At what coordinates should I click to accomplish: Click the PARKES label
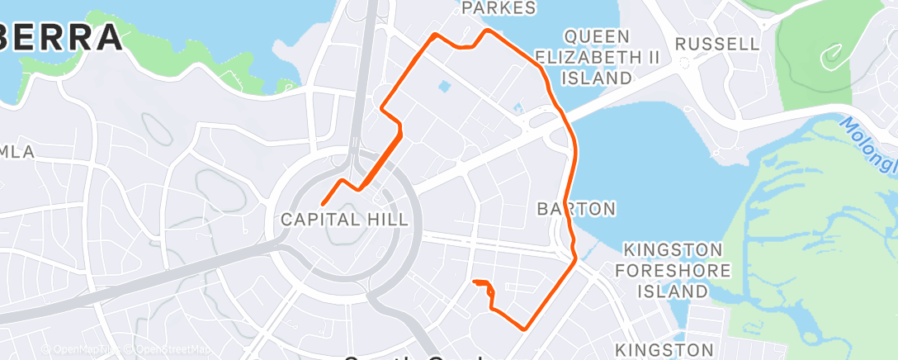pos(499,8)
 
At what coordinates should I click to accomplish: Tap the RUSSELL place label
pos(716,44)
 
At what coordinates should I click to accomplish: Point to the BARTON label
pos(576,208)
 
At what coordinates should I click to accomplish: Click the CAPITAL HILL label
pos(344,220)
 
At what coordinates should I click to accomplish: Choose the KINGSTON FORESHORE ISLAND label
pos(677,270)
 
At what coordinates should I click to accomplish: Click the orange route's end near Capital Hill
pos(322,203)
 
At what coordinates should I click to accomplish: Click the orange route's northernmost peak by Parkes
pos(488,31)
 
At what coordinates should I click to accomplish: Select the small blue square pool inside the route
pos(444,86)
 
